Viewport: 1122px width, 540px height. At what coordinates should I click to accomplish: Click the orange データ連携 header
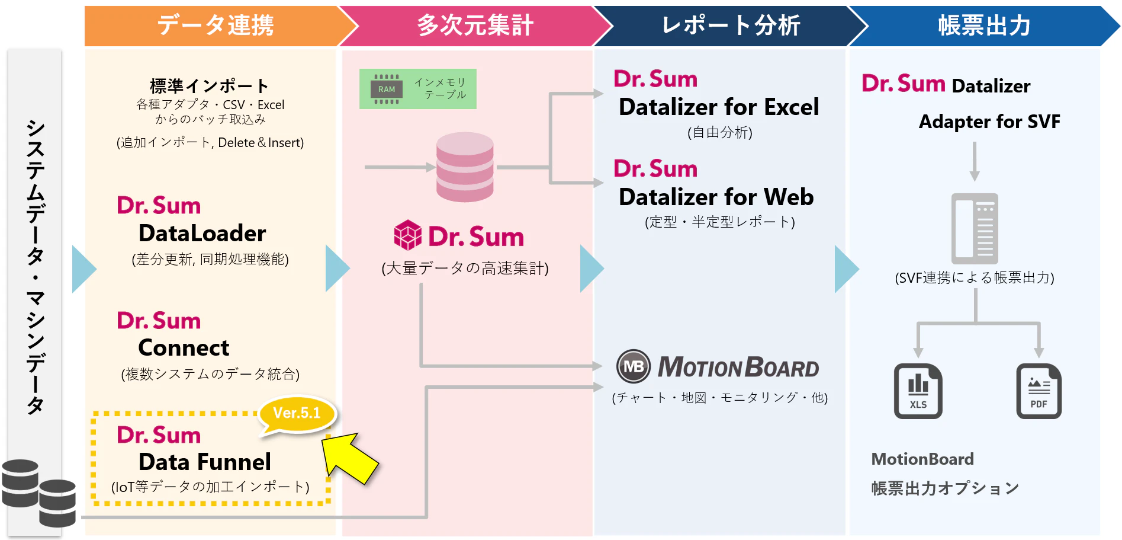coord(216,25)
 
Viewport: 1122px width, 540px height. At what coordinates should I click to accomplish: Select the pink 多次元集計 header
coord(475,25)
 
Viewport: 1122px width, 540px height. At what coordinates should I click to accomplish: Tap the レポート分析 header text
coord(731,25)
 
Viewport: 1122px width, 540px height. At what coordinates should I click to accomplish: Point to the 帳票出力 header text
coord(984,25)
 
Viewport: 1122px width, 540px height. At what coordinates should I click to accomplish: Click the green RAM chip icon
coord(387,89)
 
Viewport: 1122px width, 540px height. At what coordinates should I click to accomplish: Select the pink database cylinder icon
coord(465,167)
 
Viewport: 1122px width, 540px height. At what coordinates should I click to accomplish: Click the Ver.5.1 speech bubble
coord(297,415)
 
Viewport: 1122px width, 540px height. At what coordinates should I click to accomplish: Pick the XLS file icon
coord(918,391)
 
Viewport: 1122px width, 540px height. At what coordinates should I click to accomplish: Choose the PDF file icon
coord(1039,391)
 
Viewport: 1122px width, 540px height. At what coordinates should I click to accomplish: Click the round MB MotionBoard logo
coord(634,366)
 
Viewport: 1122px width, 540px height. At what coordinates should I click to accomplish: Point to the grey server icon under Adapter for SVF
coord(975,229)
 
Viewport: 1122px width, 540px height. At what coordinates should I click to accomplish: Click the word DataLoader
coord(202,234)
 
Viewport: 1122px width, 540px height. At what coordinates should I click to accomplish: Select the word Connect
coord(184,348)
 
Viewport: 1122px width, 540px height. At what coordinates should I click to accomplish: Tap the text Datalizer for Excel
coord(719,107)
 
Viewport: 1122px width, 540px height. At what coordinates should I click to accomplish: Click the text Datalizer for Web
coord(716,197)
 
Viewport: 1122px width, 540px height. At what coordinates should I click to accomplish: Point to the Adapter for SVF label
coord(989,122)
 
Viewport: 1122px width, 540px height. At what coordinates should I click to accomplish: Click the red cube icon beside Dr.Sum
coord(408,235)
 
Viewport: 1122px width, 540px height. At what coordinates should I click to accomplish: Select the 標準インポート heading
coord(209,86)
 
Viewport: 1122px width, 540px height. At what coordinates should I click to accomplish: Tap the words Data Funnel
coord(205,462)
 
